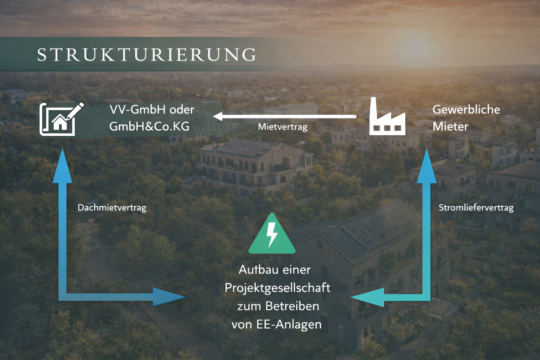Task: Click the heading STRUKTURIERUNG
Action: point(147,54)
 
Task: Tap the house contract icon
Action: point(61,119)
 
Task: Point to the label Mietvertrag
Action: point(283,127)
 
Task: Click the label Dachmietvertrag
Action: point(112,207)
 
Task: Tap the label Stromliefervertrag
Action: point(476,207)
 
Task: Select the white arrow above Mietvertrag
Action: point(285,116)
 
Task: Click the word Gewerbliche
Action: point(466,109)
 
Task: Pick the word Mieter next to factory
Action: point(450,126)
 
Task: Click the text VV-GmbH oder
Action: point(152,109)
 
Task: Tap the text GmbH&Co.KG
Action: point(149,126)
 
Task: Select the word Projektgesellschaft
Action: point(277,288)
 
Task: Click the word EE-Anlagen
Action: point(289,324)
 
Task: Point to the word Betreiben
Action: point(292,306)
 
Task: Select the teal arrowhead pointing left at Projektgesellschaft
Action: point(367,297)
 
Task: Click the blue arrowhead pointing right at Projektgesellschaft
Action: point(169,297)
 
